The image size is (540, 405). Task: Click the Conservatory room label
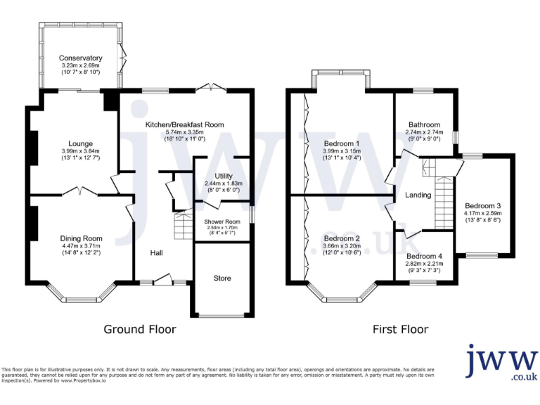click(x=81, y=58)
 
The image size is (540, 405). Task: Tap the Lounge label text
click(x=81, y=143)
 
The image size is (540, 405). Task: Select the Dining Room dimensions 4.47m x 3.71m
click(x=81, y=245)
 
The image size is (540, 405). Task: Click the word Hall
click(x=157, y=252)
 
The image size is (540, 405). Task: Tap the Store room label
click(x=222, y=278)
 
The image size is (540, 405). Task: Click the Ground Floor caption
click(x=140, y=329)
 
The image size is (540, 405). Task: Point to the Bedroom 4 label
click(x=424, y=256)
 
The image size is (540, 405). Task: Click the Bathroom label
click(x=424, y=124)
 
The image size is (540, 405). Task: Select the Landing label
click(x=418, y=195)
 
